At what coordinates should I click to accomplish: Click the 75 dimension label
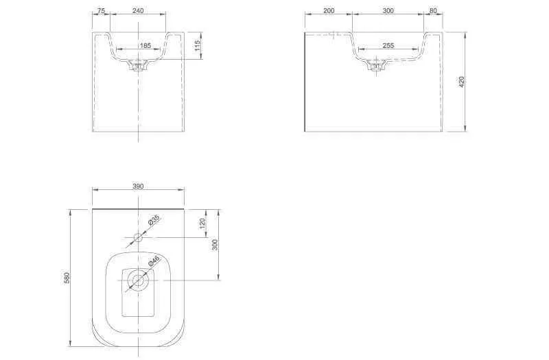point(101,11)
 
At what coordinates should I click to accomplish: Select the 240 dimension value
point(138,11)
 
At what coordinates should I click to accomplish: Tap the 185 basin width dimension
point(145,45)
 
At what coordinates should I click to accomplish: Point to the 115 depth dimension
point(197,46)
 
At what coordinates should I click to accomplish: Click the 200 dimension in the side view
point(329,11)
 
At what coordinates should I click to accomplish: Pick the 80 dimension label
point(433,11)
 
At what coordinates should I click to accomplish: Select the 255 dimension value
point(388,45)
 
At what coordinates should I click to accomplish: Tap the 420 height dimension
point(461,82)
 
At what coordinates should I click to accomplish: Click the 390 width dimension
point(138,186)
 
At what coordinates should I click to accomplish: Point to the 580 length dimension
point(67,278)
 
